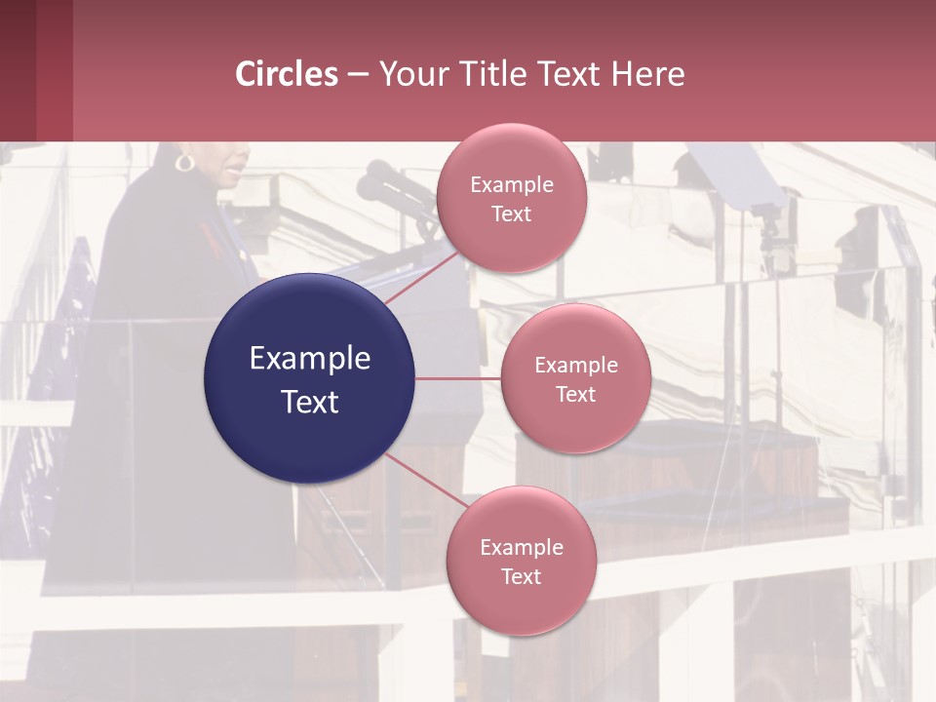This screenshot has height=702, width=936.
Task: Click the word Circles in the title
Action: coord(287,74)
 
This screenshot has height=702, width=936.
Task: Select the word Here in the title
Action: coord(648,74)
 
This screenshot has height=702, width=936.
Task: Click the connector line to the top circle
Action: coord(421,277)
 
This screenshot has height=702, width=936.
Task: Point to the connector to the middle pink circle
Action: coord(458,378)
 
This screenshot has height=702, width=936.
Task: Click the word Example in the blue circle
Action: coord(309,359)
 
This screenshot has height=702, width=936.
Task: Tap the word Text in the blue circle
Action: coord(309,402)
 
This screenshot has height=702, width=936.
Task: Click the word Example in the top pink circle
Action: coord(511,185)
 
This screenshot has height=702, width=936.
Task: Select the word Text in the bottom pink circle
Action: coord(521,576)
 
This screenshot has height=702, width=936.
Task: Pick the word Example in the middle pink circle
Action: coord(575,366)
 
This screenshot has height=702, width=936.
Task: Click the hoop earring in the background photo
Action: coord(184,161)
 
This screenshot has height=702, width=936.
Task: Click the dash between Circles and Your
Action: coord(358,75)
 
